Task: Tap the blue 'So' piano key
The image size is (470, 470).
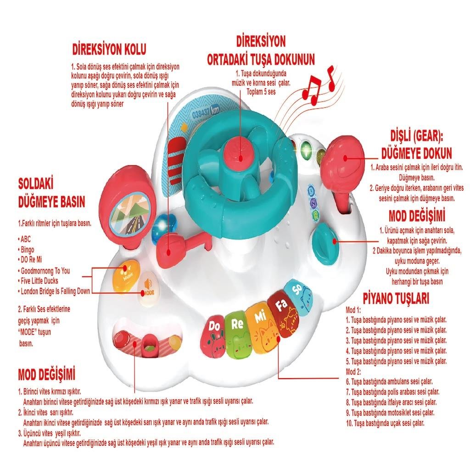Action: point(298,296)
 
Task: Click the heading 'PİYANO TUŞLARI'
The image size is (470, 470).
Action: point(396,298)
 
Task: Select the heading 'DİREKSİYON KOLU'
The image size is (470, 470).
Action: point(109,50)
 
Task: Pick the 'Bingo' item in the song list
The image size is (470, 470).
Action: point(27,249)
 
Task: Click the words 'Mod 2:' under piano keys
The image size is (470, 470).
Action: point(353,372)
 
